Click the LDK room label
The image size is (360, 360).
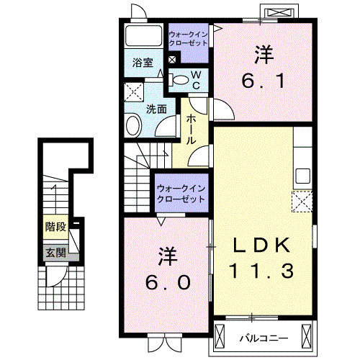(262, 246)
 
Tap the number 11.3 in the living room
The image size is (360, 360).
(262, 271)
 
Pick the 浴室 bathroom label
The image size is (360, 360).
(143, 63)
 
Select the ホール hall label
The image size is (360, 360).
(193, 130)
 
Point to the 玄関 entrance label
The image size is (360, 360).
(55, 253)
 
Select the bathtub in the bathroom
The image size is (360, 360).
(144, 37)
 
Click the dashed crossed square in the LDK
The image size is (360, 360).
(302, 201)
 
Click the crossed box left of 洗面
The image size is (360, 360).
(133, 91)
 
